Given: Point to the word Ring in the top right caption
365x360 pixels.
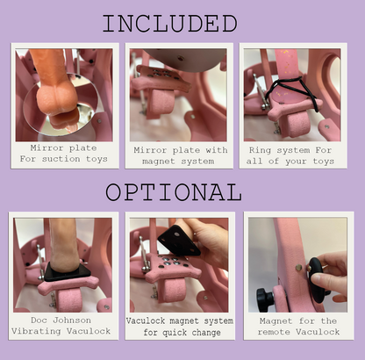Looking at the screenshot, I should (x=261, y=148).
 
